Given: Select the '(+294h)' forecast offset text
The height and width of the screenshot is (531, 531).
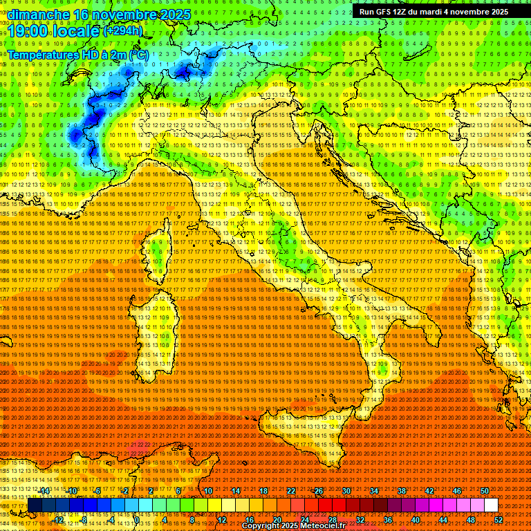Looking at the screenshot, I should (x=124, y=31).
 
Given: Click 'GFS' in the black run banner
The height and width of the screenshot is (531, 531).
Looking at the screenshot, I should (x=387, y=12).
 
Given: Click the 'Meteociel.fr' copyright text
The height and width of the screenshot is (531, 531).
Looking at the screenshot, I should (x=324, y=526).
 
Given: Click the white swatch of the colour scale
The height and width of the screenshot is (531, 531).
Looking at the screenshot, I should (x=491, y=505).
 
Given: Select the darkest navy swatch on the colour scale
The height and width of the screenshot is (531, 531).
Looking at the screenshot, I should (x=35, y=505).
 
